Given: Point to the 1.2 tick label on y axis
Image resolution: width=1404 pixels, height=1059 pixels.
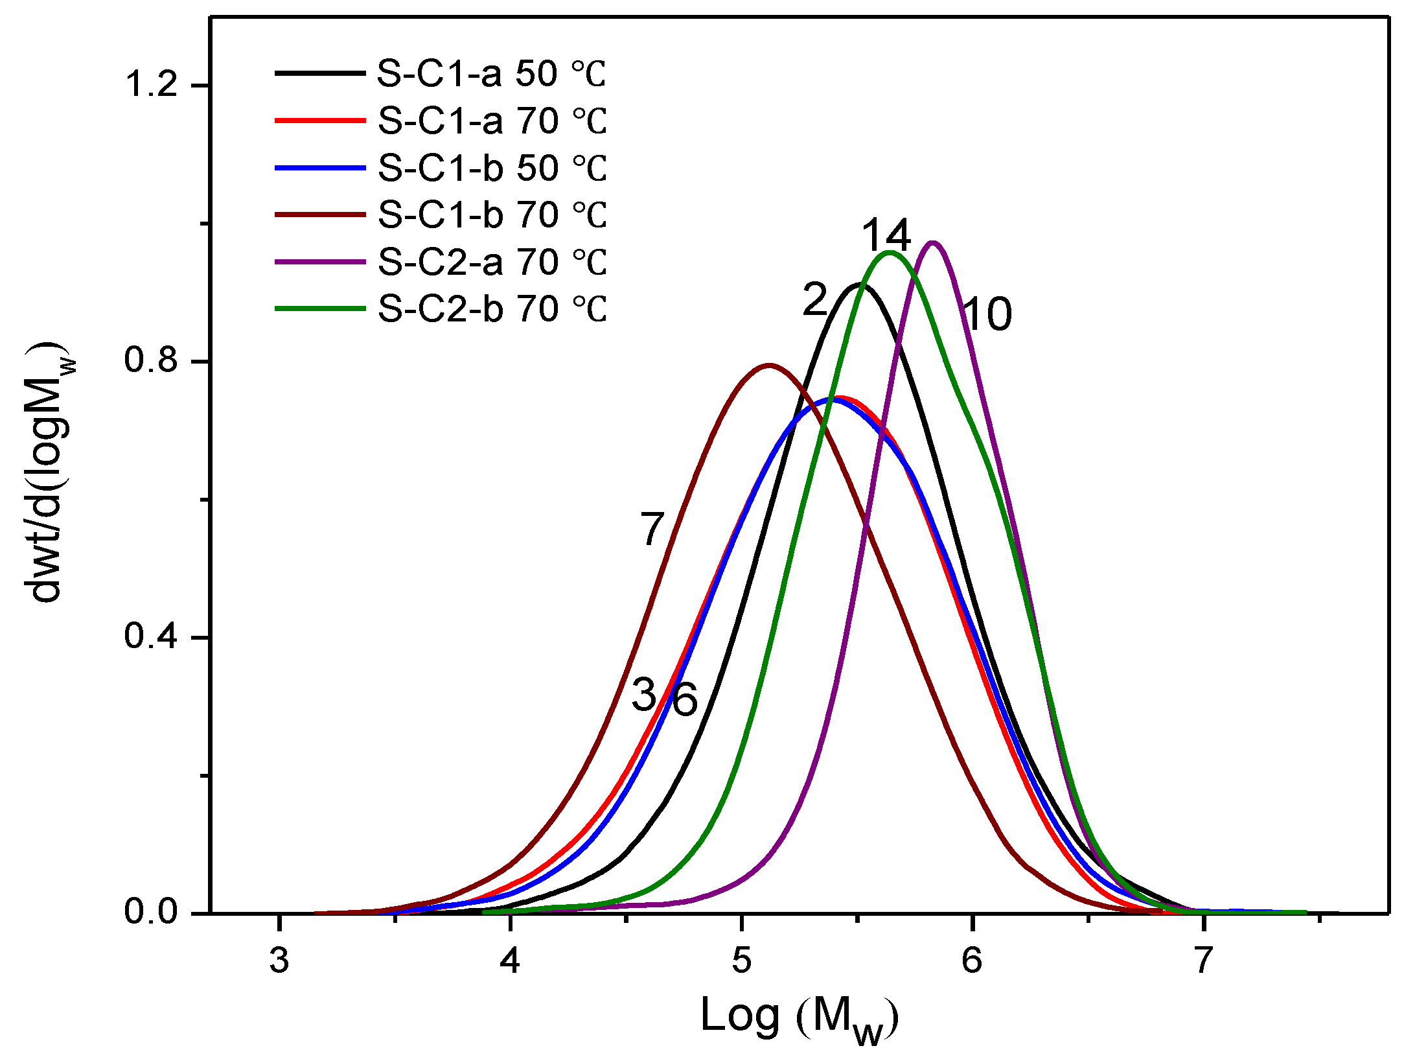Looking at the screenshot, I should tap(150, 85).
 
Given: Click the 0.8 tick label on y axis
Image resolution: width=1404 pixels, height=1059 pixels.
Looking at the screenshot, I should tap(150, 361).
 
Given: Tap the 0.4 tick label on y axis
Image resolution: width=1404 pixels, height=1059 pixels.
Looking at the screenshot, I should tap(150, 637).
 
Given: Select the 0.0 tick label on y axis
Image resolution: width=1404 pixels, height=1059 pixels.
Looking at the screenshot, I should tap(150, 913).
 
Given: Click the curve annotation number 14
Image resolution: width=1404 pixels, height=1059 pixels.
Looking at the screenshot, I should tap(886, 235).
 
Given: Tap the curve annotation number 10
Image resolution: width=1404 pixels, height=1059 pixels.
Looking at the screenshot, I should tap(987, 315).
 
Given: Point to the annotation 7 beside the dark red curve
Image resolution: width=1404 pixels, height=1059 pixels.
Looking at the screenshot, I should tap(652, 529).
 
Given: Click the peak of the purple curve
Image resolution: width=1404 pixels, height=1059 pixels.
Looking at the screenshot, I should tap(933, 243).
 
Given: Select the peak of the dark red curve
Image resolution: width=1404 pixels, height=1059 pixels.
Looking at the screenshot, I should tap(769, 365).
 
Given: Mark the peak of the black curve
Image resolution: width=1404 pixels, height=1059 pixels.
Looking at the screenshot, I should tap(859, 284).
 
